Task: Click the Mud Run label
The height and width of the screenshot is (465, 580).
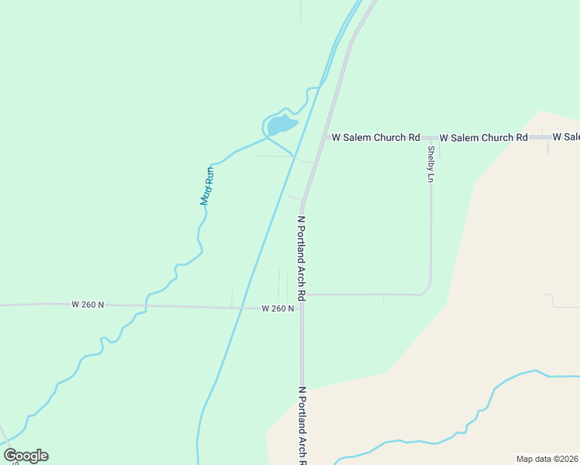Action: coord(206,187)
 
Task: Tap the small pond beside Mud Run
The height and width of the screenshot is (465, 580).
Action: coord(281,124)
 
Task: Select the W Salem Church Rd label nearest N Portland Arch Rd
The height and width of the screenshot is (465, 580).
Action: coord(376,137)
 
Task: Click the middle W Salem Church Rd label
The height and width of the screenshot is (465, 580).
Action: coord(483,137)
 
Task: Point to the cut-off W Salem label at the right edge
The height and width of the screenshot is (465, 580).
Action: coord(566,137)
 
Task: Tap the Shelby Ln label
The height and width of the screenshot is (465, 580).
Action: coord(430,164)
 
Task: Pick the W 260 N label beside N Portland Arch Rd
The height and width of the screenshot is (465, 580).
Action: coord(278,308)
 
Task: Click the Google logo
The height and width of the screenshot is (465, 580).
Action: coord(26,456)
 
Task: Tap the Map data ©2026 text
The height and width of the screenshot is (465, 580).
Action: coord(547,459)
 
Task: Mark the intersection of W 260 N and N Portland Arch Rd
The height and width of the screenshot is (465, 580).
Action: coord(302,308)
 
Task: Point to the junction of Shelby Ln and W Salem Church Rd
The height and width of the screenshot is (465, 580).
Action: coord(430,137)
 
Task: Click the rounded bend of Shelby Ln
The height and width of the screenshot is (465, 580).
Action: coord(426,290)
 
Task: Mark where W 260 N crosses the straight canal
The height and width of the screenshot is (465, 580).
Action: coord(242,307)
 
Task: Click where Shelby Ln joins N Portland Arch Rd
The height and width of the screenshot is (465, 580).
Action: coord(302,294)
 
